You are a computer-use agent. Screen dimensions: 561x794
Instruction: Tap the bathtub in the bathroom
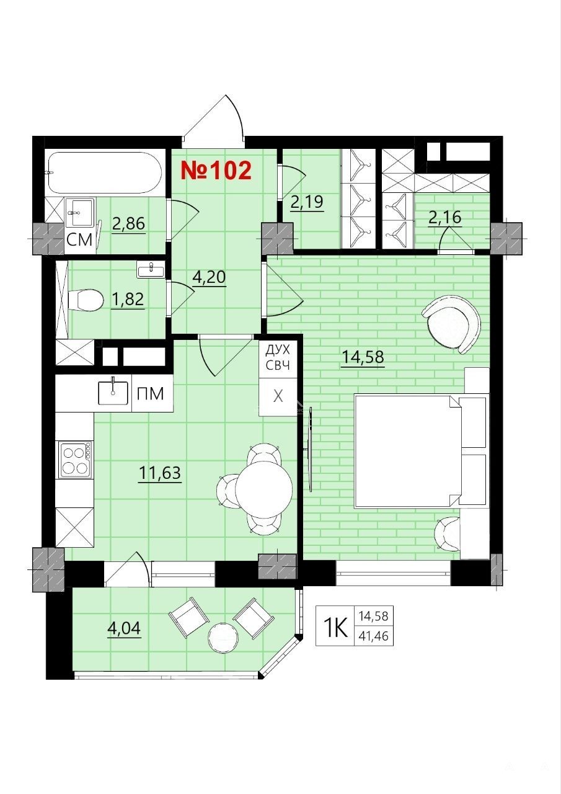coord(105,173)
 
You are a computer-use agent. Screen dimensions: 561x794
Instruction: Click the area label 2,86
coord(128,225)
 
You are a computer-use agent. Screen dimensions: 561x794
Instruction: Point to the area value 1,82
coord(128,300)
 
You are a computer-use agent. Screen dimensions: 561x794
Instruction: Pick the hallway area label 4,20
coord(209,277)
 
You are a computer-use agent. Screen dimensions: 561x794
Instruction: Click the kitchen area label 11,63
coord(160,473)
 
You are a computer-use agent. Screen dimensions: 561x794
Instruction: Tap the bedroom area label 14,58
coord(363,357)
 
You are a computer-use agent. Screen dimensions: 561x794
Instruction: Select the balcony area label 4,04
coord(123,628)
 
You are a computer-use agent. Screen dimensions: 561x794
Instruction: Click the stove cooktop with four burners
coord(75,460)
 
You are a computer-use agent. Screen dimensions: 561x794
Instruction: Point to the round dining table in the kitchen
coord(264,486)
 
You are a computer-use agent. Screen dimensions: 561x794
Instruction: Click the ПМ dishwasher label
coord(151,394)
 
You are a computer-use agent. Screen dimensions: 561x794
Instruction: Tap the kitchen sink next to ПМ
coord(113,393)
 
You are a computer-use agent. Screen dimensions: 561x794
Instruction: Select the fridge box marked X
coord(278,396)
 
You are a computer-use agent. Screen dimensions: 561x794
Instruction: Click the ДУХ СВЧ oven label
coord(278,357)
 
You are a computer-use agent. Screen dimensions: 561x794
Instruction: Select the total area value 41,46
coord(374,636)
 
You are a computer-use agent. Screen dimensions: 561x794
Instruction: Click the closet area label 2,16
coord(445,217)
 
